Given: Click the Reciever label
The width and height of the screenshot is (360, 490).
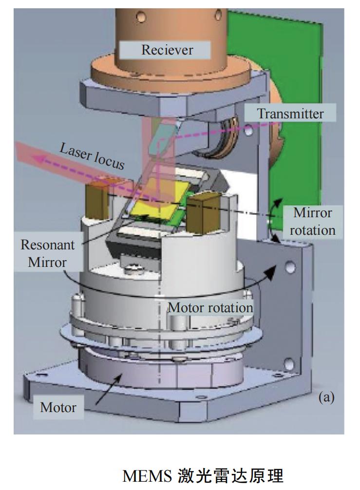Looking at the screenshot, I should (x=167, y=50).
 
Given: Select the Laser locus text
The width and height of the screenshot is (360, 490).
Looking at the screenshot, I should (x=92, y=156).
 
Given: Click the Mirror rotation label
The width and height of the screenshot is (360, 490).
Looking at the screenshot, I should (x=312, y=221).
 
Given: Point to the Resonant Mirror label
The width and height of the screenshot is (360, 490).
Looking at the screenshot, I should (x=48, y=253).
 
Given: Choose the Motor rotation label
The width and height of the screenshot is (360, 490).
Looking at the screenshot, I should (x=210, y=307).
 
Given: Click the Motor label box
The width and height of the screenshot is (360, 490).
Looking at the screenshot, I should (x=58, y=407).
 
